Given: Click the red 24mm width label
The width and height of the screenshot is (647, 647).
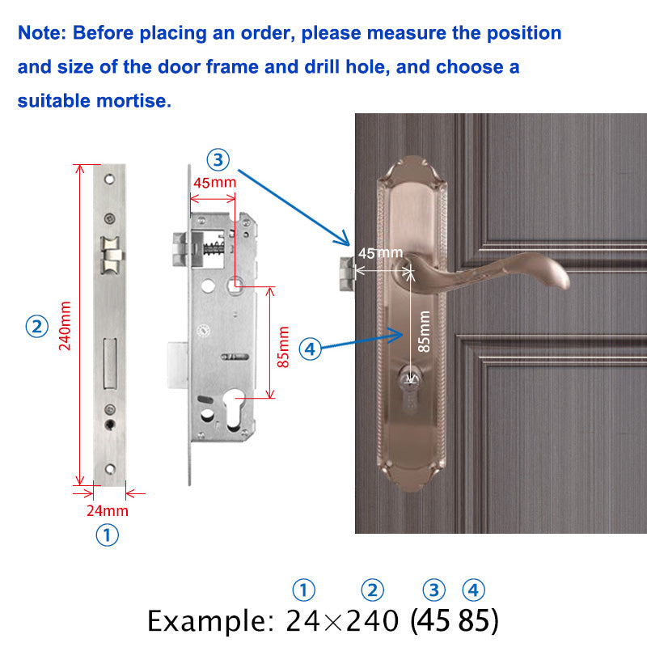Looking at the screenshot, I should (x=108, y=510).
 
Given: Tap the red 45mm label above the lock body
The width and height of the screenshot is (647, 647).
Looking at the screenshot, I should (x=214, y=182).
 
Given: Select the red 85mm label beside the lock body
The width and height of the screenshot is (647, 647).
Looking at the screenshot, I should (x=283, y=346).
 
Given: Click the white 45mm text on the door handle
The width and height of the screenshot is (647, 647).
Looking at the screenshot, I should (x=380, y=253).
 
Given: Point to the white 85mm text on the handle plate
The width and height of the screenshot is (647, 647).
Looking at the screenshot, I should (x=424, y=332).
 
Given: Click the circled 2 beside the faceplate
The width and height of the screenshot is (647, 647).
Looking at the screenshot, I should (x=36, y=327).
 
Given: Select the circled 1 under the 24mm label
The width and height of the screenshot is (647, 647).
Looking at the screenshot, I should (x=108, y=535).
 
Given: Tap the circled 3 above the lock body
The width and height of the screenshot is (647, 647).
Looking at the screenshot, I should (x=218, y=159).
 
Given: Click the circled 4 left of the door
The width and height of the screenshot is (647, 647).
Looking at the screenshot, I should (x=311, y=349).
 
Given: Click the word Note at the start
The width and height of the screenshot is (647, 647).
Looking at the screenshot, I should (x=42, y=33).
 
